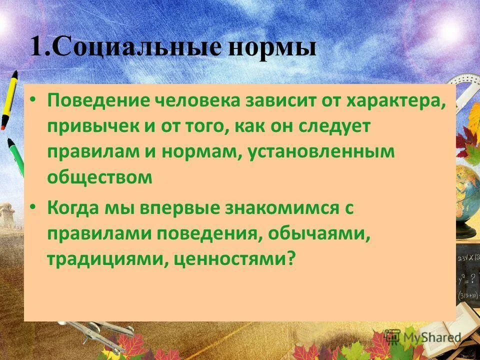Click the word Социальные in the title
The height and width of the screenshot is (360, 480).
135,48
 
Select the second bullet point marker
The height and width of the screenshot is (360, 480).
33,207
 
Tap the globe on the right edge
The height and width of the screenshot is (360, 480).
469,195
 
